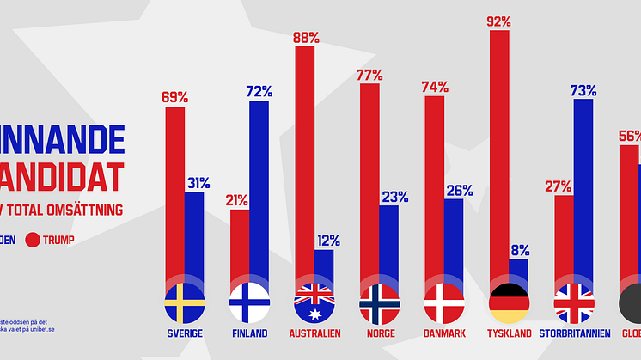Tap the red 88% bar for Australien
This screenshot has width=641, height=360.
pyautogui.click(x=305, y=163)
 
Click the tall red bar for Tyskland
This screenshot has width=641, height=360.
pyautogui.click(x=499, y=155)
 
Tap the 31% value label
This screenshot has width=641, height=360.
pyautogui.click(x=198, y=182)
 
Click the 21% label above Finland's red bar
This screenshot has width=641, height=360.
pyautogui.click(x=237, y=200)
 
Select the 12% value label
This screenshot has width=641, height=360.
pyautogui.click(x=327, y=241)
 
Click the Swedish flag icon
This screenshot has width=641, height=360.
pyautogui.click(x=184, y=303)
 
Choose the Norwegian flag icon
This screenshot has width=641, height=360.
pyautogui.click(x=379, y=303)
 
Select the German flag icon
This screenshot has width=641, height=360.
pyautogui.click(x=509, y=303)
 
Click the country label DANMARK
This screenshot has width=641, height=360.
pyautogui.click(x=444, y=333)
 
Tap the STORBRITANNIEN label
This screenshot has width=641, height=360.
pyautogui.click(x=574, y=333)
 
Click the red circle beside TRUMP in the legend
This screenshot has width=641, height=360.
pyautogui.click(x=36, y=241)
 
